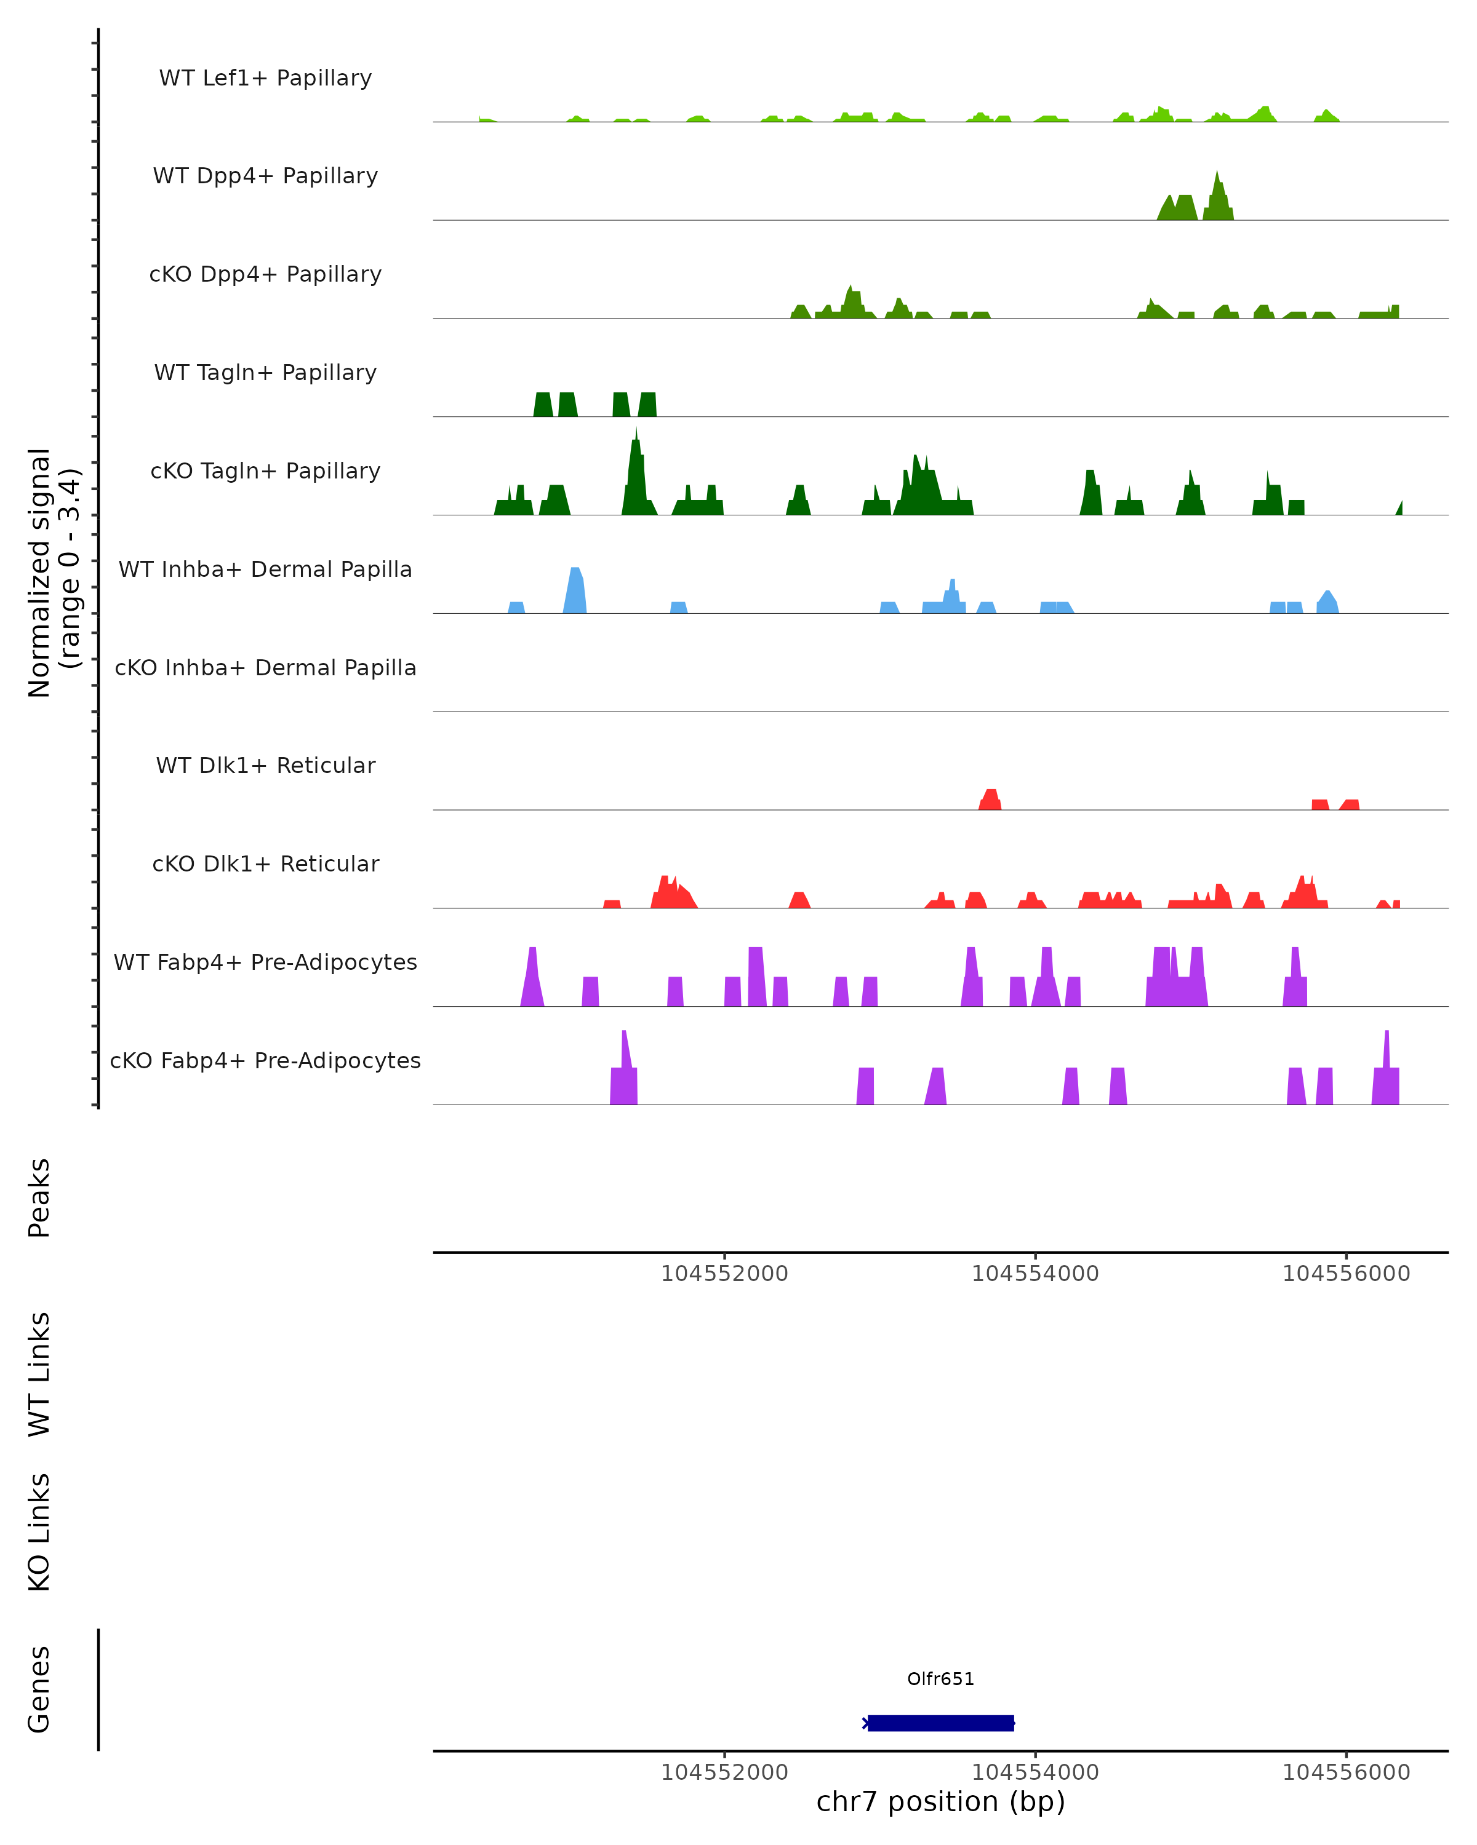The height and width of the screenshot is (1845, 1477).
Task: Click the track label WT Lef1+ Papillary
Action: point(265,78)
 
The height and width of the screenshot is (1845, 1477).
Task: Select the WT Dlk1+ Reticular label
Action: point(265,765)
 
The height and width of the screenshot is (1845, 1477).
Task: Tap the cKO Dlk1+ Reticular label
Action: point(265,863)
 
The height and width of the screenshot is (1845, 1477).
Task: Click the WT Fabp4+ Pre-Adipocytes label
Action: point(265,962)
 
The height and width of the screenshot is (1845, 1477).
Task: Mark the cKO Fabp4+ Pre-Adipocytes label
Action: point(265,1060)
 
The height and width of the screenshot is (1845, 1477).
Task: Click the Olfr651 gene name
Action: point(940,1679)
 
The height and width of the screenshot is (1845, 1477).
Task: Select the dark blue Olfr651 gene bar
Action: point(940,1723)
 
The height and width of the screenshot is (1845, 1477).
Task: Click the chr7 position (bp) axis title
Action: point(940,1802)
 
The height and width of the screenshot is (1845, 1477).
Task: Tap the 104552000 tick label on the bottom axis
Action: point(724,1772)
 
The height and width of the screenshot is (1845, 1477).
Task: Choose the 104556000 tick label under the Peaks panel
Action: point(1345,1274)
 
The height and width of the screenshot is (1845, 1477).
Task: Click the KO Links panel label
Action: point(39,1533)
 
